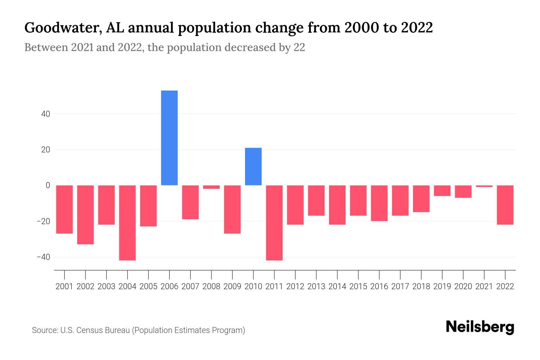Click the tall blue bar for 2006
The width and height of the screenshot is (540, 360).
coord(169,138)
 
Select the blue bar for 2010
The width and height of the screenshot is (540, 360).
coord(253,166)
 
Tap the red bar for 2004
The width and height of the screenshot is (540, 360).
coord(127,223)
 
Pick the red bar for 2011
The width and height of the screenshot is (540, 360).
coord(274,223)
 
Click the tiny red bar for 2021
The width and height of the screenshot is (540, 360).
coord(484,186)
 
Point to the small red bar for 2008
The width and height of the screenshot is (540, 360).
coord(211,187)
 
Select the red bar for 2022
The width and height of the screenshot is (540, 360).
coord(505,205)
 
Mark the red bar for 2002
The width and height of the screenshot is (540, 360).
coord(85,214)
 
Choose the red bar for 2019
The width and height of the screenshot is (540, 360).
coord(442,190)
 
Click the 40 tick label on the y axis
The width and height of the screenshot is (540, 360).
coord(46,114)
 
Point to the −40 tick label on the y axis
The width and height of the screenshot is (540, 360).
coord(43,257)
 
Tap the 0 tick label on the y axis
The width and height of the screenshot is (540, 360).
coord(48,185)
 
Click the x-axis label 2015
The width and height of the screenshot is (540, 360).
coord(358,286)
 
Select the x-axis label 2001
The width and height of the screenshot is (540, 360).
coord(64,286)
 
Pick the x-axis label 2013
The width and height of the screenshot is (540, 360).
coord(316,286)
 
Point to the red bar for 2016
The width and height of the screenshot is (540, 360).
coord(379,203)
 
